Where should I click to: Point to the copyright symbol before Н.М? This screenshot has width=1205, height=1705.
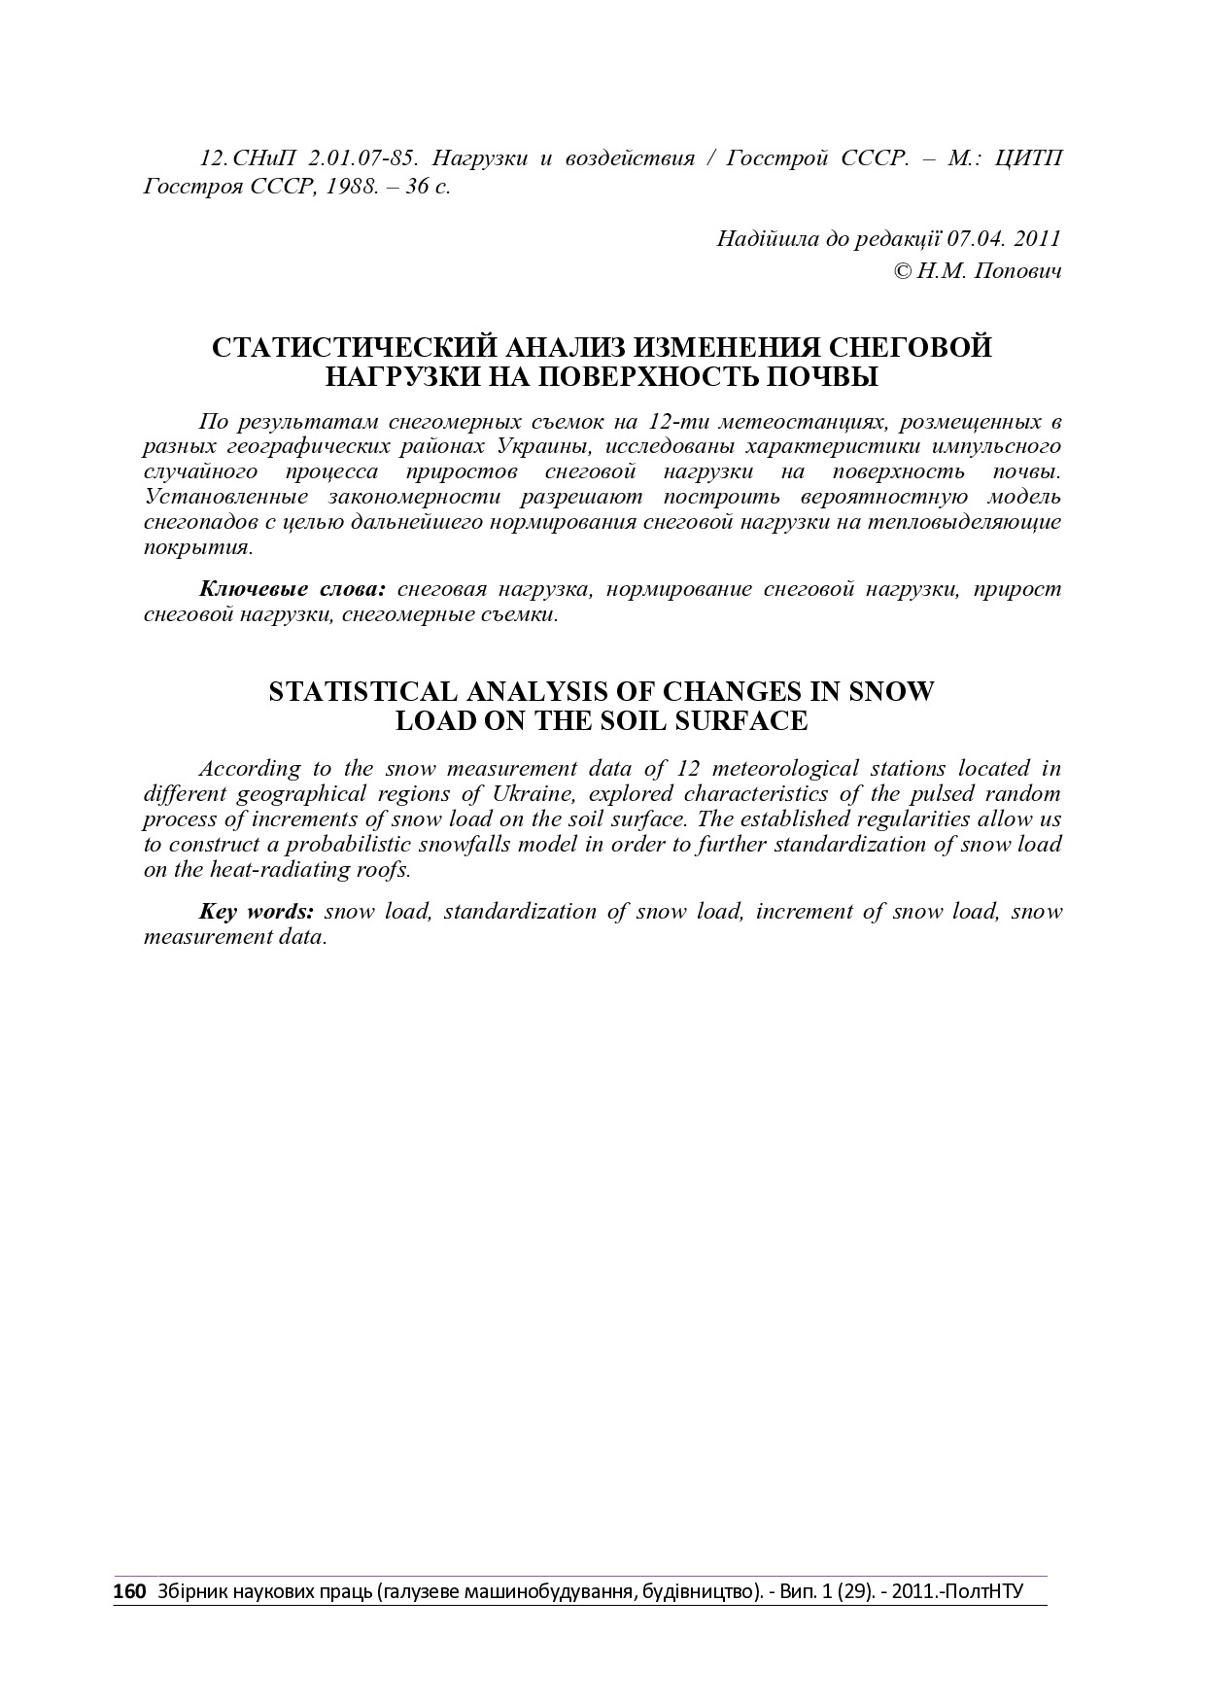[x=901, y=270]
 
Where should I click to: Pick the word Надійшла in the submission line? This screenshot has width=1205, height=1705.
[x=763, y=238]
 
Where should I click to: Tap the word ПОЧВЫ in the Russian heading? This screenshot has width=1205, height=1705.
[x=824, y=377]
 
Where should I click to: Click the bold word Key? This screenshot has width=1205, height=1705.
[x=219, y=912]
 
